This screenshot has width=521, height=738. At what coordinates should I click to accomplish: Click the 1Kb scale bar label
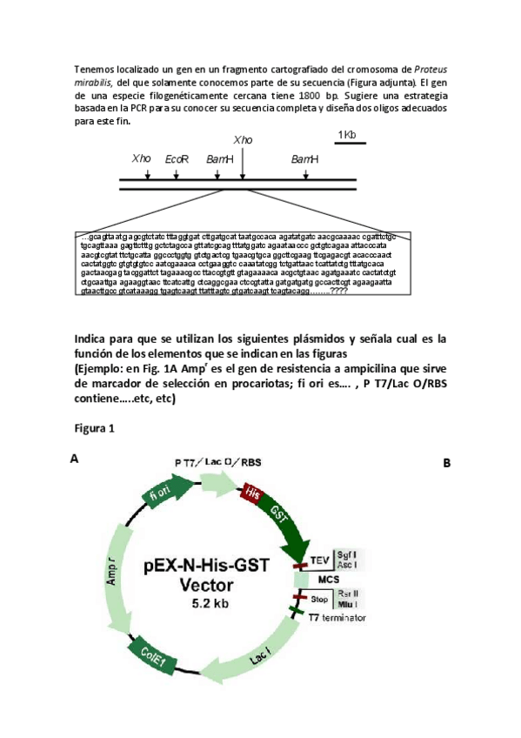(346, 135)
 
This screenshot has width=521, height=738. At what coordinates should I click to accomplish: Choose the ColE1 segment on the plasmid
(148, 653)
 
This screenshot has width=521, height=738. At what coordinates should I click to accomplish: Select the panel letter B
(447, 463)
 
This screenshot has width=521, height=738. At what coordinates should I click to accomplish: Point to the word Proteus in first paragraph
(432, 69)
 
